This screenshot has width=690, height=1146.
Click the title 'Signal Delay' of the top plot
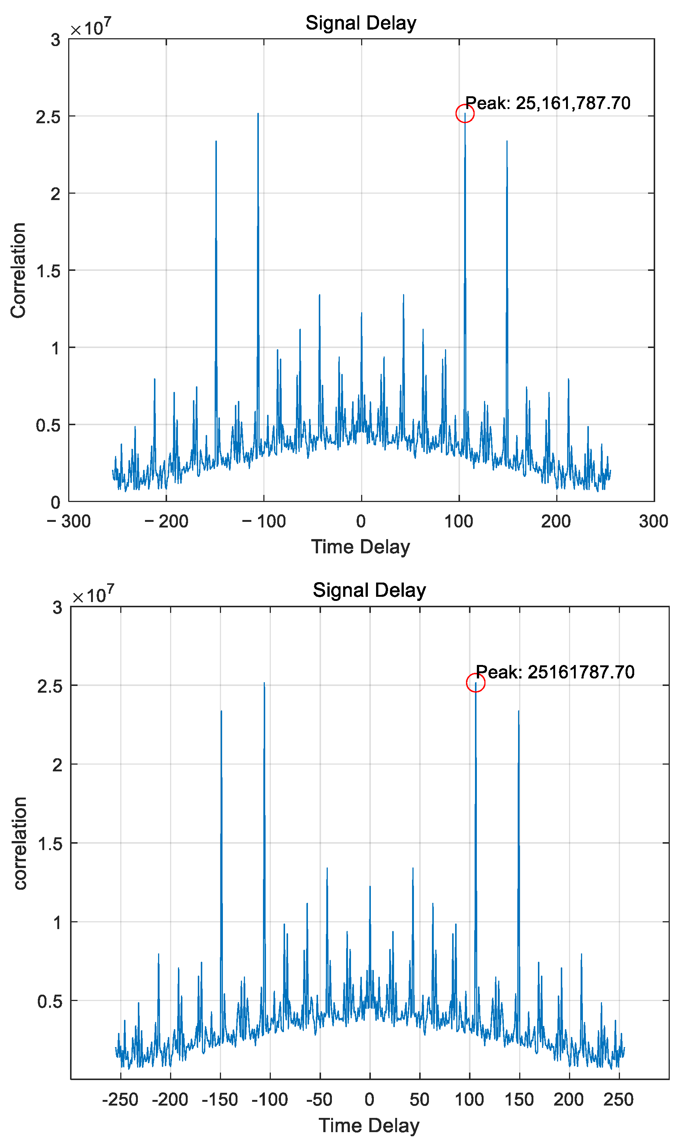(x=361, y=23)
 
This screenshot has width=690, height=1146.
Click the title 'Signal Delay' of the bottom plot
(x=369, y=590)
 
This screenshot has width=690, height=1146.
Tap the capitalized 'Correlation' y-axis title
(x=19, y=270)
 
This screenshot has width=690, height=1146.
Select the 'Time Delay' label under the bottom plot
(x=369, y=1125)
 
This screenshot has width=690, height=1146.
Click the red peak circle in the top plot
(x=465, y=114)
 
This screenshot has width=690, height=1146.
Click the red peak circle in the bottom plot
(x=476, y=683)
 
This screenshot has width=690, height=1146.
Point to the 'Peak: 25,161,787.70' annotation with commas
(x=548, y=103)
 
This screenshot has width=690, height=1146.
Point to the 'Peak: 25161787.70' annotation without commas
(x=555, y=672)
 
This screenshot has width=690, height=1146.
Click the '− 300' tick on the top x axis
(x=69, y=521)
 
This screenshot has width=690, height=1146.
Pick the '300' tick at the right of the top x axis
(x=653, y=521)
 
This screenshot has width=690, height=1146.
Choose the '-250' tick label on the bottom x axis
(x=120, y=1100)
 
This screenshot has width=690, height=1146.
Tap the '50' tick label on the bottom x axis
(x=420, y=1100)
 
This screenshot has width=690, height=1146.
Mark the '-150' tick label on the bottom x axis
(x=220, y=1100)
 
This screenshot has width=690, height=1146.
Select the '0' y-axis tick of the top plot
(x=55, y=502)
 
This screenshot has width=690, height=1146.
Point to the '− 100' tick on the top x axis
(x=264, y=521)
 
